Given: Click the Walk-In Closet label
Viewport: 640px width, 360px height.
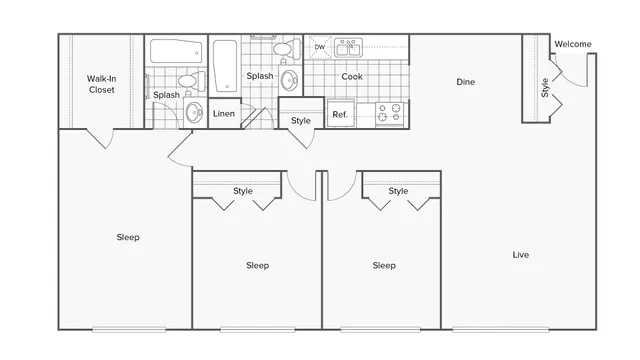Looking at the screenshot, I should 100,83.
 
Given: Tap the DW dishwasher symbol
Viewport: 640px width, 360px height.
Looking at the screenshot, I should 320,47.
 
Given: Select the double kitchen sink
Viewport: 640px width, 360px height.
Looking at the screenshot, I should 348,48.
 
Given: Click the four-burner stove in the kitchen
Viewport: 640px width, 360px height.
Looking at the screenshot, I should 390,113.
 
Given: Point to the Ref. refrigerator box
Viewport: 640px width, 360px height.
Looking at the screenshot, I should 339,114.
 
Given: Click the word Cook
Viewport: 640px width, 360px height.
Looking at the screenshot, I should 351,77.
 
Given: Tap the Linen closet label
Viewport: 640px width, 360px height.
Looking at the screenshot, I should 224,114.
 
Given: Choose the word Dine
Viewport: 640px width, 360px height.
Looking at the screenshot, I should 465,82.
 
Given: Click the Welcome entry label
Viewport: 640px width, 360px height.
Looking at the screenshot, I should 573,44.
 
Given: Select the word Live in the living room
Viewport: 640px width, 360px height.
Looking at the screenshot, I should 520,255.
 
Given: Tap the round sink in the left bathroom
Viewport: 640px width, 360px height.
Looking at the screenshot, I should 193,110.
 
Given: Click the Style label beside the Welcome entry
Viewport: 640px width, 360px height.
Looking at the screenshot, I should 545,87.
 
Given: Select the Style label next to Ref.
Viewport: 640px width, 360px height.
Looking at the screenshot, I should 301,121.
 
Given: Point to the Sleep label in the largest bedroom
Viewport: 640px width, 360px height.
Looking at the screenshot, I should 128,237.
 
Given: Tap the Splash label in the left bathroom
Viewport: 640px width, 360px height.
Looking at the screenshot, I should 167,96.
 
